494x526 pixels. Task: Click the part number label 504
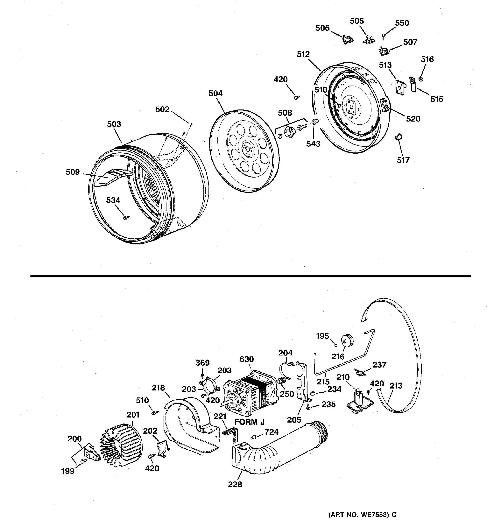215,93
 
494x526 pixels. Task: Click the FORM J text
249,422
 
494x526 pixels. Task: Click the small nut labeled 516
420,79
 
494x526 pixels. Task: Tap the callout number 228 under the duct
235,484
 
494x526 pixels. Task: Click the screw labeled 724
253,437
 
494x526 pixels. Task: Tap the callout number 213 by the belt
396,386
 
